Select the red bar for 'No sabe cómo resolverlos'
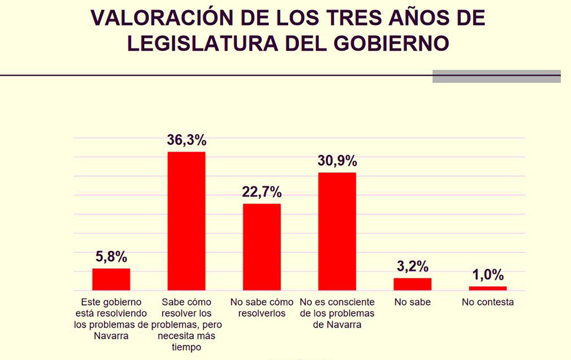262,246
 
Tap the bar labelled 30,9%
337,231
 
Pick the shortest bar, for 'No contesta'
487,288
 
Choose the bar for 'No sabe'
412,284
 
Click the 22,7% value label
262,192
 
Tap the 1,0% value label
487,275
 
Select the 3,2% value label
412,266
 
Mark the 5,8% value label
111,257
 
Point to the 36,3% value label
187,140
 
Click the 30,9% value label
337,161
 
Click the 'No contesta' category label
487,302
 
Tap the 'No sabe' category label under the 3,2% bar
412,302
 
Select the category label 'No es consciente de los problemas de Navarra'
337,313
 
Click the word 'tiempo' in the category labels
187,347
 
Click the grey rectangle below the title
496,76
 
